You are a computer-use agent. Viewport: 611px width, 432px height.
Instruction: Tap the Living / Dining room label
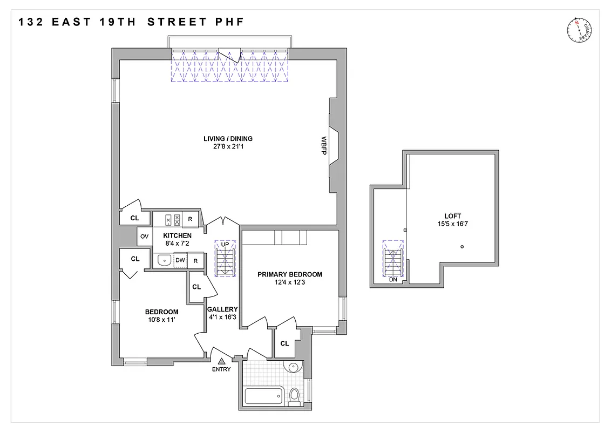228,139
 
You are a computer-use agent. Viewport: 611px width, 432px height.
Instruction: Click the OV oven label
144,236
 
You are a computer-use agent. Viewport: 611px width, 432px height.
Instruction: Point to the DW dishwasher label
180,261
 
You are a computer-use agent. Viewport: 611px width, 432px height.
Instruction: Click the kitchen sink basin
164,261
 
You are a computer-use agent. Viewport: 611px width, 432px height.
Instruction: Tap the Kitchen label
177,236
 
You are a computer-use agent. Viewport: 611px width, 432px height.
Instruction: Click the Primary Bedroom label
289,274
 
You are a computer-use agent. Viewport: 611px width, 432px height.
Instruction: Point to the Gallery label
222,309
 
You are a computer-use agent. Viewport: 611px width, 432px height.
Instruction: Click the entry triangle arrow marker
221,361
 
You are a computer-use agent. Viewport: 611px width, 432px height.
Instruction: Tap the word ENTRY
221,369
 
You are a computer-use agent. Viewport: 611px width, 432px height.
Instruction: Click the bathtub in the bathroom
265,396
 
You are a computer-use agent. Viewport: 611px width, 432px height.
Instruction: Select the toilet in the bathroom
294,396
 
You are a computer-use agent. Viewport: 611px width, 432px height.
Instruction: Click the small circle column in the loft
462,247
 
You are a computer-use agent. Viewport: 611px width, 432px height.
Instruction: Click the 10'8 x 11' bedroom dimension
161,320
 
